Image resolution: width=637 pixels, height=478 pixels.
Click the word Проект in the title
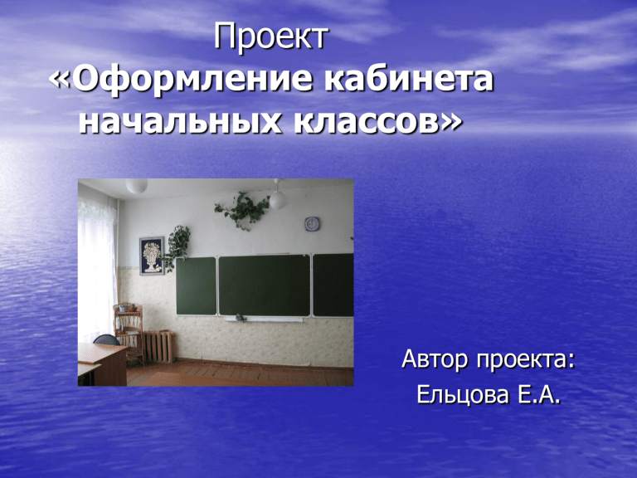pos(271,37)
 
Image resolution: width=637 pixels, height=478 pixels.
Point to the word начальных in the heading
pos(179,120)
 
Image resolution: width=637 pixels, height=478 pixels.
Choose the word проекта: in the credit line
pos(526,359)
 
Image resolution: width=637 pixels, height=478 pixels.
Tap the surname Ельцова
pos(463,394)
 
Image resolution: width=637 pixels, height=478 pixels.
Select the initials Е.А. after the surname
pos(538,394)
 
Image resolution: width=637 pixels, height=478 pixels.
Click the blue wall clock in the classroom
pos(312,224)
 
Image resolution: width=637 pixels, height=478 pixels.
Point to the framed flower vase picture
pos(152,256)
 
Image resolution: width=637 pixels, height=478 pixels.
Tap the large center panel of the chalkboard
pos(265,285)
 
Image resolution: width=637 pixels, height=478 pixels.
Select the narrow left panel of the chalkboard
pos(196,286)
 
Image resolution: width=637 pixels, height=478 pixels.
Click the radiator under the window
pos(159,346)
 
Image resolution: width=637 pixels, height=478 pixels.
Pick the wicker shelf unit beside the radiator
pos(129,331)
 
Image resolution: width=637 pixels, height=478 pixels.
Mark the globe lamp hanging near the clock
pos(278,200)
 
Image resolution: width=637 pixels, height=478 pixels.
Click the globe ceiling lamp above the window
pos(137,185)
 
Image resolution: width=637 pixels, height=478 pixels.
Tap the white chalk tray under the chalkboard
pos(264,319)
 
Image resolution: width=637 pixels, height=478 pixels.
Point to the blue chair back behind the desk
pos(106,339)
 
